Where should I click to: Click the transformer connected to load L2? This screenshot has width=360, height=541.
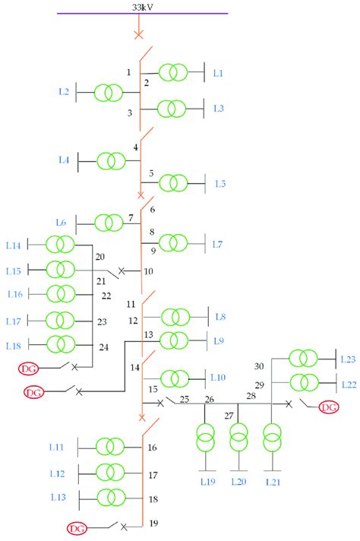tap(108, 93)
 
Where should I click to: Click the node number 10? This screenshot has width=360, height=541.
tap(149, 271)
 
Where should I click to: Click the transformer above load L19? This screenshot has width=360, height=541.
tap(205, 439)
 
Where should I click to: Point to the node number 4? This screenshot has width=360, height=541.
tap(136, 147)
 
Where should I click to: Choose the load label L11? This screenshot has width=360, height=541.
tap(57, 448)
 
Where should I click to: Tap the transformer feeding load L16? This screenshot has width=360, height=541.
tap(60, 293)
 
